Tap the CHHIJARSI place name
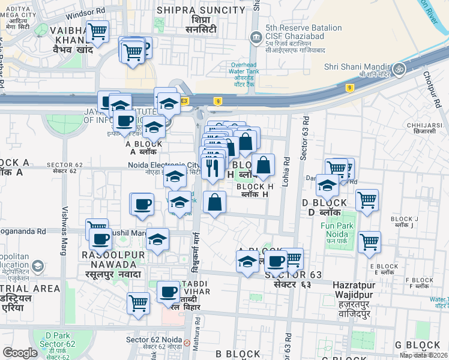click(424, 125)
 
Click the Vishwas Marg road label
click(64, 221)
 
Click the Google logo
click(20, 353)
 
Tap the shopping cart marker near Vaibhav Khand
click(97, 31)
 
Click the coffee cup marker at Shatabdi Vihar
click(169, 292)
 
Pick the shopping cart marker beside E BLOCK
click(369, 242)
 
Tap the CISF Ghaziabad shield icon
click(256, 38)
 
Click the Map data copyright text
click(423, 355)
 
